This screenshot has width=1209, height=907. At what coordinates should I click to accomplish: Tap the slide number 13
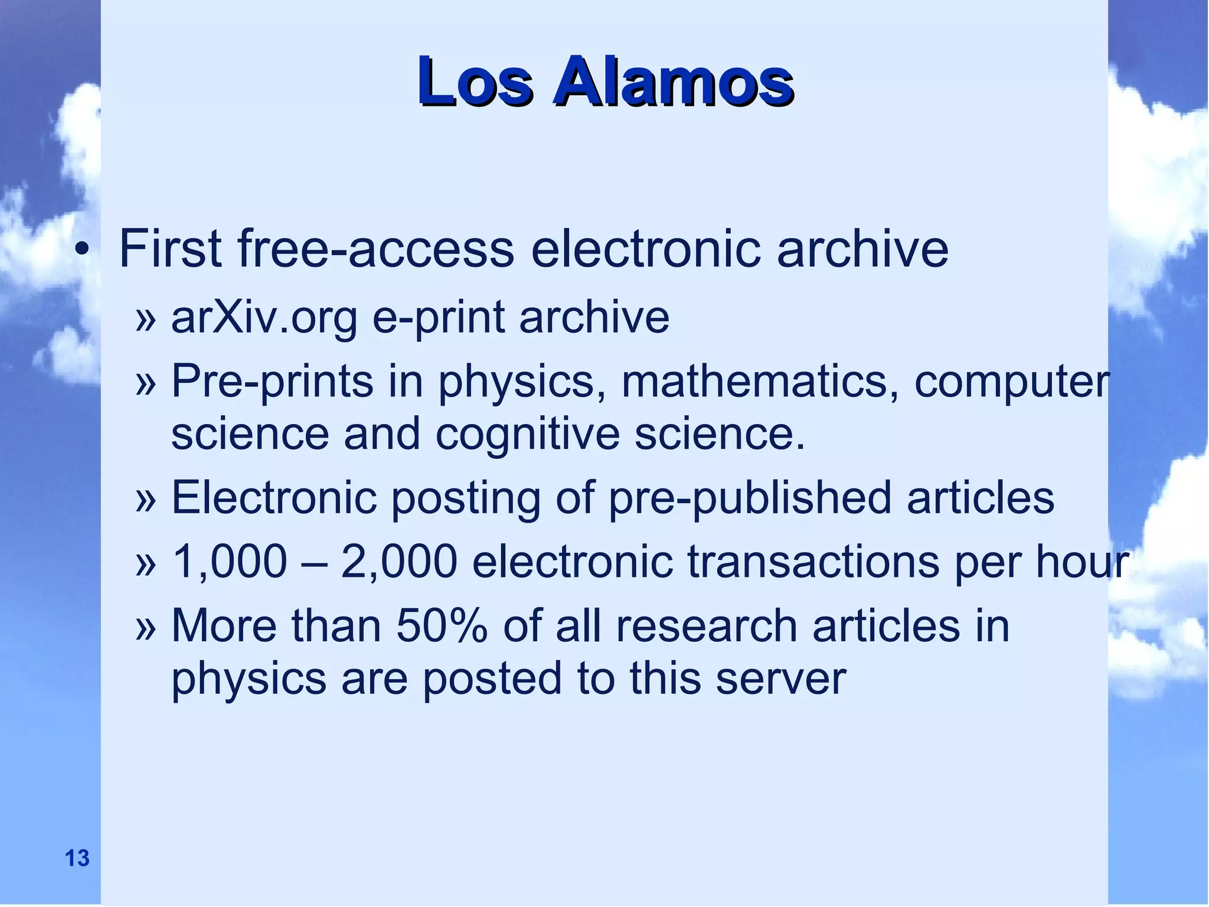click(x=77, y=858)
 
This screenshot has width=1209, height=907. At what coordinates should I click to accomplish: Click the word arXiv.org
click(x=264, y=318)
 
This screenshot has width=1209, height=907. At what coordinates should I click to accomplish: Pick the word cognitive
click(x=527, y=435)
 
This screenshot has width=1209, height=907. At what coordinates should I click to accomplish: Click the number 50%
click(x=442, y=626)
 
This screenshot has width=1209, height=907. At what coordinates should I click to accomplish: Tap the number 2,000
click(x=399, y=562)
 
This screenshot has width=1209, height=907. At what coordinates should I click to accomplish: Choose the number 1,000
click(x=229, y=562)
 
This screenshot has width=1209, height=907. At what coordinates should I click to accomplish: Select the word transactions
click(x=813, y=562)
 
